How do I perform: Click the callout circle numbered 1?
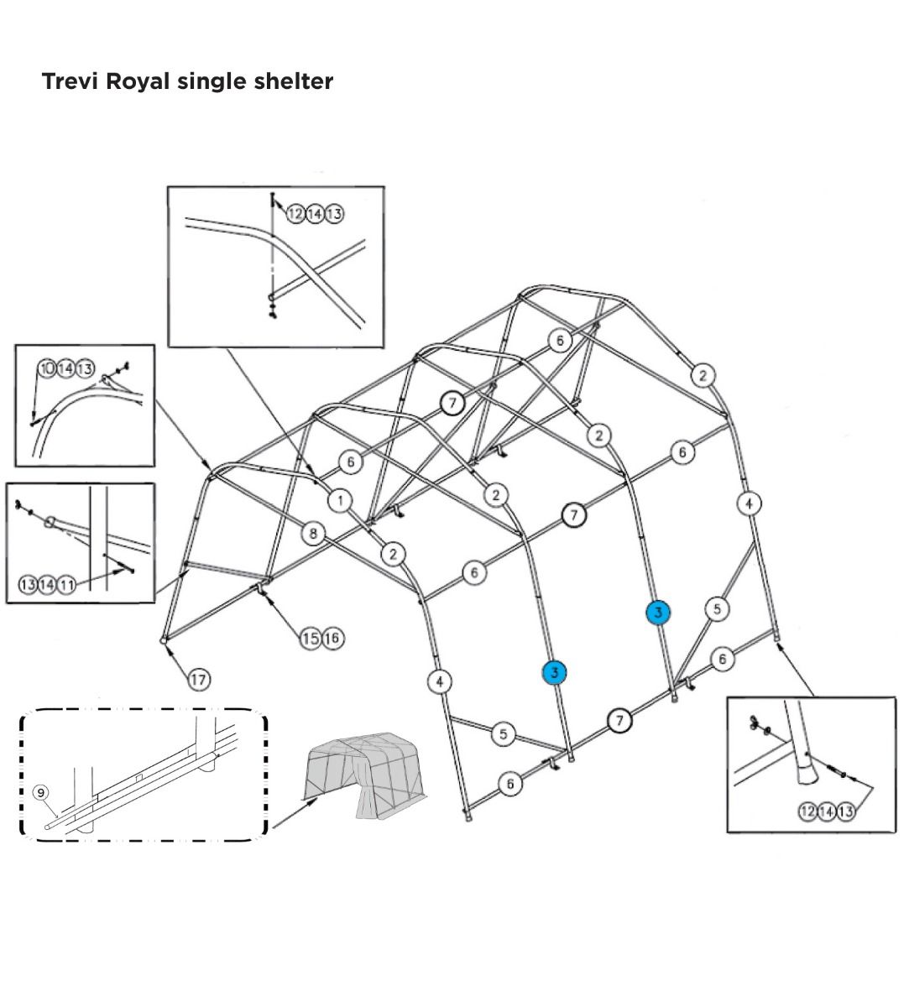point(340,501)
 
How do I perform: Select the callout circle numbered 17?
point(198,680)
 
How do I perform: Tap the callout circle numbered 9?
point(40,792)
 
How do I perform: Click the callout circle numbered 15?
point(310,639)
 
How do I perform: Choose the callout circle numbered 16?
point(332,639)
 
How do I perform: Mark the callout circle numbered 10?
point(47,369)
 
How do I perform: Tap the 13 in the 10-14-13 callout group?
point(85,369)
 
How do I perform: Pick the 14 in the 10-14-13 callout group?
point(66,369)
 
